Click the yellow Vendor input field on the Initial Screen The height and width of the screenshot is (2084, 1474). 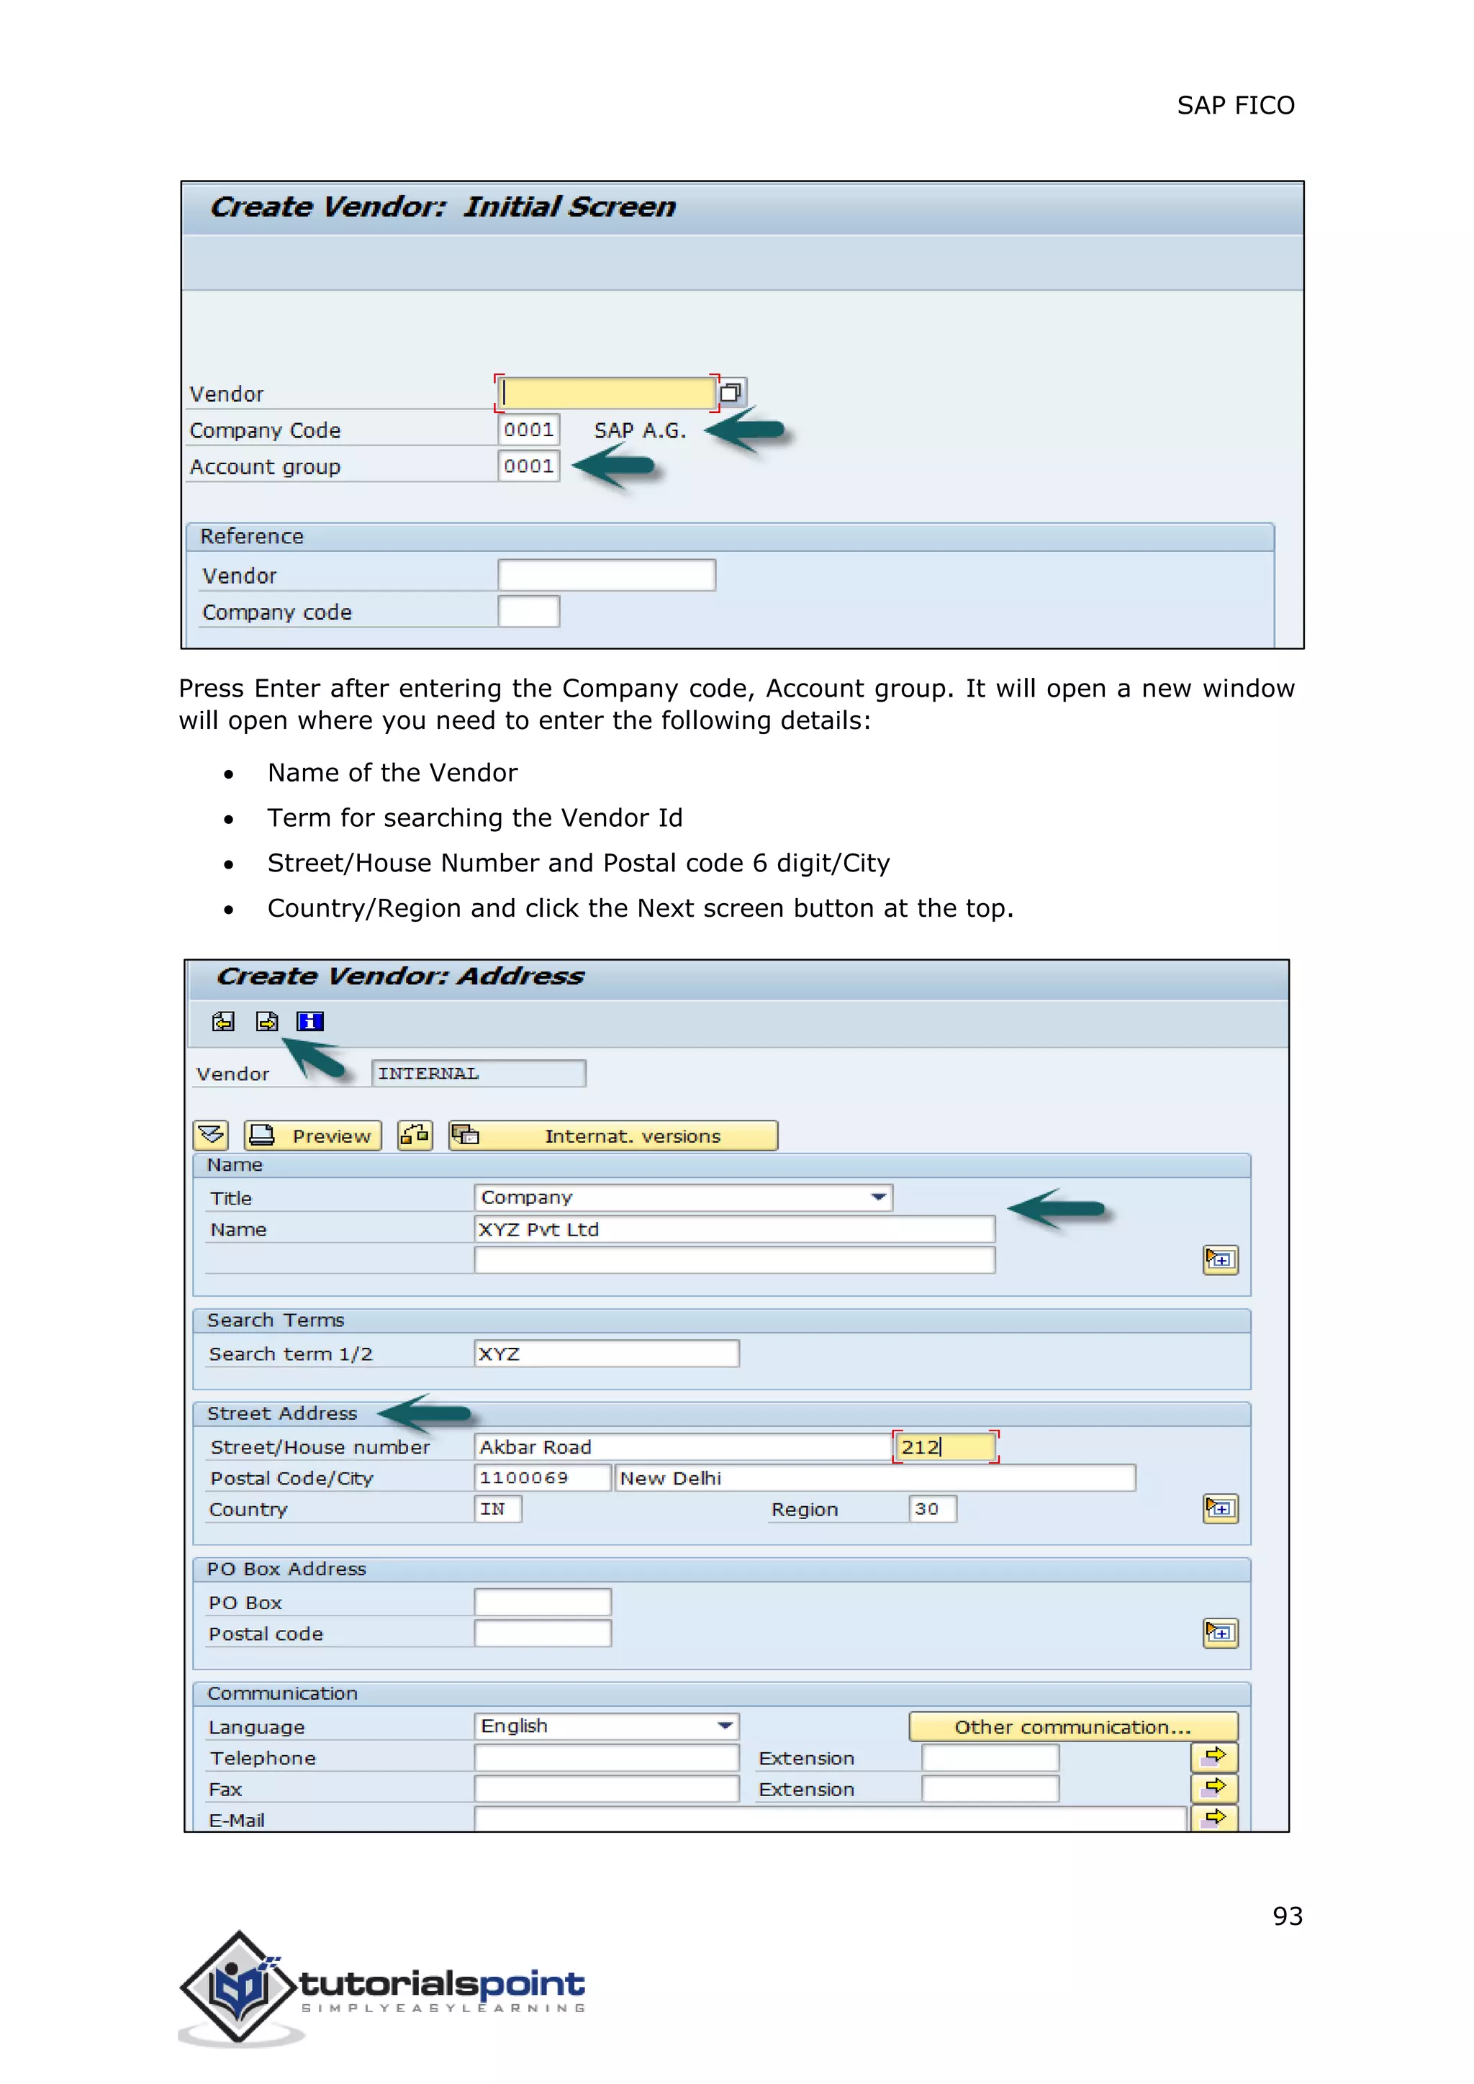[x=606, y=392]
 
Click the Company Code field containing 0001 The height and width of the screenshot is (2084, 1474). [x=528, y=430]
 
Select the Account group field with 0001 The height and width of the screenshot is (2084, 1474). [x=528, y=466]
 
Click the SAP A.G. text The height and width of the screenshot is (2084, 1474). [x=640, y=430]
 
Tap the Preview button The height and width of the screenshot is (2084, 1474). [x=313, y=1136]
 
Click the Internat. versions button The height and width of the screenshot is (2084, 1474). [x=613, y=1136]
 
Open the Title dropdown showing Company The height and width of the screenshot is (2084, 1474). [x=682, y=1197]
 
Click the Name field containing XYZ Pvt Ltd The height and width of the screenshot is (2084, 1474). [x=733, y=1229]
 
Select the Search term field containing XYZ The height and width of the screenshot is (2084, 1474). [x=606, y=1354]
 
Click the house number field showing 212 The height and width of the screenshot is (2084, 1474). [x=945, y=1447]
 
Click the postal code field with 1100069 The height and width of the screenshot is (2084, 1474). [x=541, y=1477]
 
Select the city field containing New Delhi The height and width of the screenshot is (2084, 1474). [x=873, y=1477]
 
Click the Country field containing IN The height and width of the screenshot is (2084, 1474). [x=497, y=1508]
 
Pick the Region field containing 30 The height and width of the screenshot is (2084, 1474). [x=931, y=1508]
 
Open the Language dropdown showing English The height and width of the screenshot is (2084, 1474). [x=606, y=1726]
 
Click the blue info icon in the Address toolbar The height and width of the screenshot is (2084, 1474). [x=309, y=1021]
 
